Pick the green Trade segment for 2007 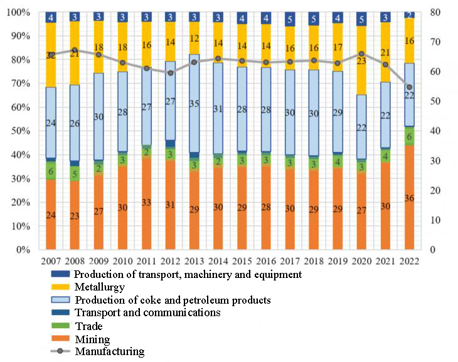tap(51, 171)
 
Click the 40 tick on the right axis tap(432, 130)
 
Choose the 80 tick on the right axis tap(432, 12)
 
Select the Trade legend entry tap(87, 326)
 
